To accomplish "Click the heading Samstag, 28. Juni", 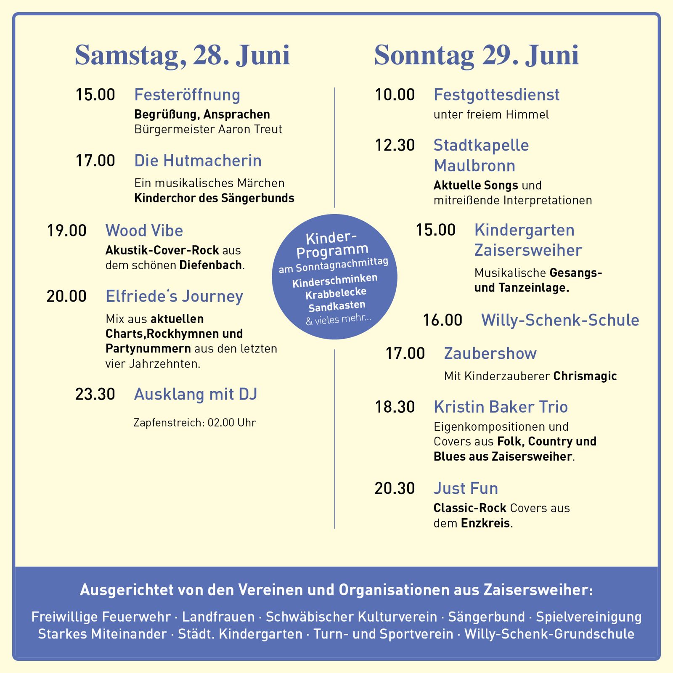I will click(x=182, y=56).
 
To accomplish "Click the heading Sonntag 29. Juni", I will click(x=476, y=56).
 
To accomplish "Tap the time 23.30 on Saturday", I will click(x=95, y=394).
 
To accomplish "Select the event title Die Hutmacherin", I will click(x=198, y=161).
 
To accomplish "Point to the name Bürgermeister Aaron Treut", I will click(x=208, y=129).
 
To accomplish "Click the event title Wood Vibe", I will click(x=144, y=231).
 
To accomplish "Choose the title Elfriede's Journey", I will click(x=174, y=296).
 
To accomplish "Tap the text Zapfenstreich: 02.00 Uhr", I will click(x=194, y=422).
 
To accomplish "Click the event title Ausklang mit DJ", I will click(x=195, y=394).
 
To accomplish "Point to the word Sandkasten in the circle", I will click(x=336, y=306).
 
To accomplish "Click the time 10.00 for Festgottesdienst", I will click(x=395, y=95).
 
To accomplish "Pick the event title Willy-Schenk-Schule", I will click(x=560, y=320).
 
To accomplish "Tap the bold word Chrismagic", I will click(x=585, y=376).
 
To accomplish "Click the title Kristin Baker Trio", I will click(x=501, y=407).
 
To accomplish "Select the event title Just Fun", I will click(x=466, y=488).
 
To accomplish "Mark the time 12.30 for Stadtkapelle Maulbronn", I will click(x=395, y=145).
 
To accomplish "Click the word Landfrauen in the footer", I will click(x=218, y=617).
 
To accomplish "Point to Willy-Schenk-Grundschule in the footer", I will click(x=549, y=634).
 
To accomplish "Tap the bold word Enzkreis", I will click(x=485, y=523).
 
